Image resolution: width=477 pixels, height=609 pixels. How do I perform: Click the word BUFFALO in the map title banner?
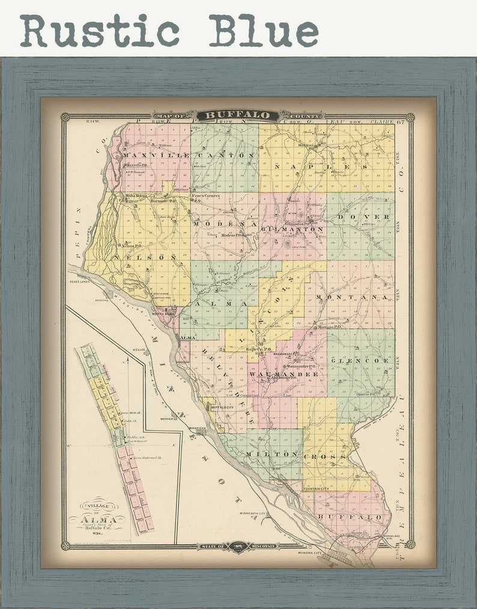click(239, 115)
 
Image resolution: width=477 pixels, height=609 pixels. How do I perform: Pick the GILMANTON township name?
click(295, 229)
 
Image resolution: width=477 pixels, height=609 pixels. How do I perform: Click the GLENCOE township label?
click(359, 360)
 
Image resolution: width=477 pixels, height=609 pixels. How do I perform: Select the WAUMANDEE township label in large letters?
click(284, 374)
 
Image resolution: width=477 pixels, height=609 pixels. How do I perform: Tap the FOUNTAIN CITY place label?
click(316, 489)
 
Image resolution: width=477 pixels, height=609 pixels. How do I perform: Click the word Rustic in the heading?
click(100, 30)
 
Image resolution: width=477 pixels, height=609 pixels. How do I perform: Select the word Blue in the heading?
click(263, 30)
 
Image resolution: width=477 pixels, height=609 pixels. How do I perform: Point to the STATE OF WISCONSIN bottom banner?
click(239, 546)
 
